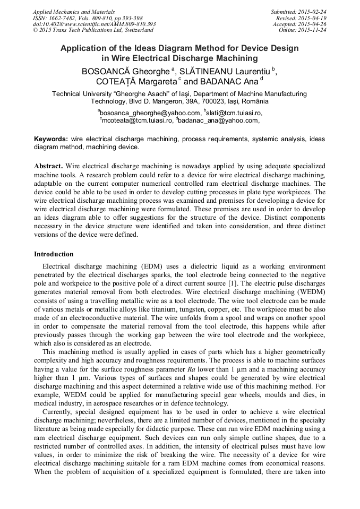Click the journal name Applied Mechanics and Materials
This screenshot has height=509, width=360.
[74, 12]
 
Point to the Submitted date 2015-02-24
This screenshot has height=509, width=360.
[313, 12]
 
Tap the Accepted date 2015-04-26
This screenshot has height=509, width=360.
[313, 24]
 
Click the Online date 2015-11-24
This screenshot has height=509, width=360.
[313, 30]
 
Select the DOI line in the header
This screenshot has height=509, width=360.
[94, 24]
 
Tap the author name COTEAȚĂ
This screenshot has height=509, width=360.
[118, 82]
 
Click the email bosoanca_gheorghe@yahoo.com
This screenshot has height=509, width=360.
[151, 113]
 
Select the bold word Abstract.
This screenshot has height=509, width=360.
[48, 166]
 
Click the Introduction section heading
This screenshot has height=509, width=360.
[54, 254]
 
